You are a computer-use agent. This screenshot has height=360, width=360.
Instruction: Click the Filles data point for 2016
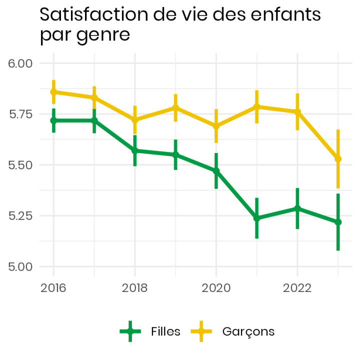point(53,120)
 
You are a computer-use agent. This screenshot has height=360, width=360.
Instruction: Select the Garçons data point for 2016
point(53,92)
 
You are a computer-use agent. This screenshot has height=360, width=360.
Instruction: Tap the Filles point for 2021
point(256,218)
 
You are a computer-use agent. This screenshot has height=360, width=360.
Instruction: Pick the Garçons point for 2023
point(338,159)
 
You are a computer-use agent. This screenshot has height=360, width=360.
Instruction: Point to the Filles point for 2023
point(338,222)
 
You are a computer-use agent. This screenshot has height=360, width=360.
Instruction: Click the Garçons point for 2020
point(216,126)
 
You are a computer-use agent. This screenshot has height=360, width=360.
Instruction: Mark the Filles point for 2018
point(134,150)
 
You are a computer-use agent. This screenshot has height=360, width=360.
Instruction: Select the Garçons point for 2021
point(256,106)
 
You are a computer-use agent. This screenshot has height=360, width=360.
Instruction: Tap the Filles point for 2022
point(297,208)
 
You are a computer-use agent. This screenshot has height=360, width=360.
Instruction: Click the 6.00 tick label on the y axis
point(20,63)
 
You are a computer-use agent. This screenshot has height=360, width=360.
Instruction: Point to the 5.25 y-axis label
point(20,216)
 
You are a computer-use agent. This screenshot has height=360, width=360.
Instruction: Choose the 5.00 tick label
point(20,266)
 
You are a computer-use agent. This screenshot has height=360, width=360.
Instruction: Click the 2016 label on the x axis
point(53,288)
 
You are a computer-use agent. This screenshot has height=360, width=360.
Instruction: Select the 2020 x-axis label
point(216,288)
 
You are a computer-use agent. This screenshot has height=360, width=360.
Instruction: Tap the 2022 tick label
point(297,288)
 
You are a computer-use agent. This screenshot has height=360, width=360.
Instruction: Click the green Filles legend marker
point(131,331)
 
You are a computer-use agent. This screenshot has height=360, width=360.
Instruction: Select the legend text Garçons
point(248,331)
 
